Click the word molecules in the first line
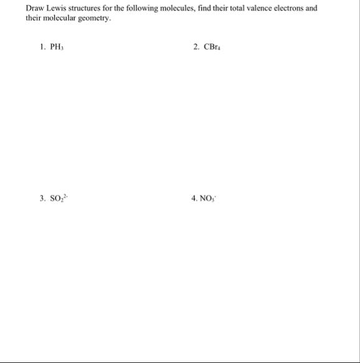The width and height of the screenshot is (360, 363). [x=186, y=9]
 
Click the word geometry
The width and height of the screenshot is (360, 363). [x=96, y=19]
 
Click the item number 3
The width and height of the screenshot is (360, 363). [x=41, y=199]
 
